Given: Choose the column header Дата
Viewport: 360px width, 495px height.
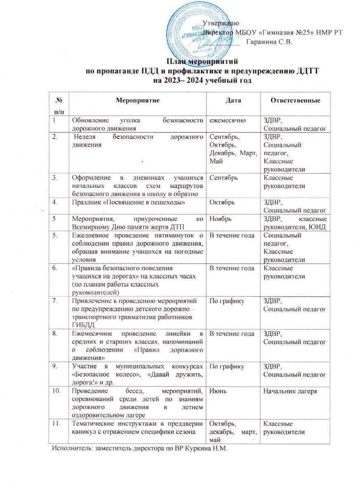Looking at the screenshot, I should [x=233, y=100].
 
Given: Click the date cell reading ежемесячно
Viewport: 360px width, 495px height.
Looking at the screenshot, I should [x=228, y=120].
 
